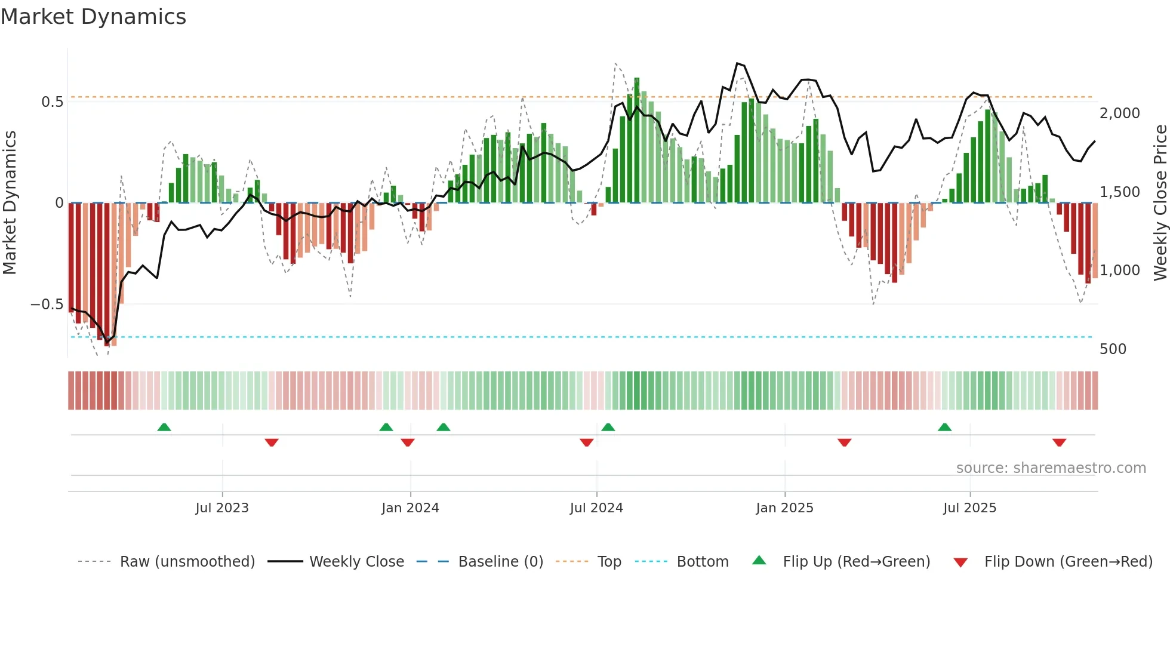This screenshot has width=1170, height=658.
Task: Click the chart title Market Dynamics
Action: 93,17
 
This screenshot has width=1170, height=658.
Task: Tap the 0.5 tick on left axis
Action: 53,102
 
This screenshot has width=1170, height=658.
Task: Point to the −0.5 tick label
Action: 47,305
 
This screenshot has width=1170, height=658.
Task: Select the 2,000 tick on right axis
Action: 1119,113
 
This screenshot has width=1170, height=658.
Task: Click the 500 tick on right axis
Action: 1113,349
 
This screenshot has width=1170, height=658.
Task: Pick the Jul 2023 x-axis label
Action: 222,508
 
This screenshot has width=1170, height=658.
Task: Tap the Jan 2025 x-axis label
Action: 784,508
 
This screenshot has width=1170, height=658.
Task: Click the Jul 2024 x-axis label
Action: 596,508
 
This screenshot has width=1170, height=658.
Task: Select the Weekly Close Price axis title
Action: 1160,203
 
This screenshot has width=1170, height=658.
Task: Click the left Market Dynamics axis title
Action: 10,203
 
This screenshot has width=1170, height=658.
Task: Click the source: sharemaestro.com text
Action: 1051,468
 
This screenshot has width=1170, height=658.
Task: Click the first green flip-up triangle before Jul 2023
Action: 164,428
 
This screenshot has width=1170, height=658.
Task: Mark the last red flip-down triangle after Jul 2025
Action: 1060,442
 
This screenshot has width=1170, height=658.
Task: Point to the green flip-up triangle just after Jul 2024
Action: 608,428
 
